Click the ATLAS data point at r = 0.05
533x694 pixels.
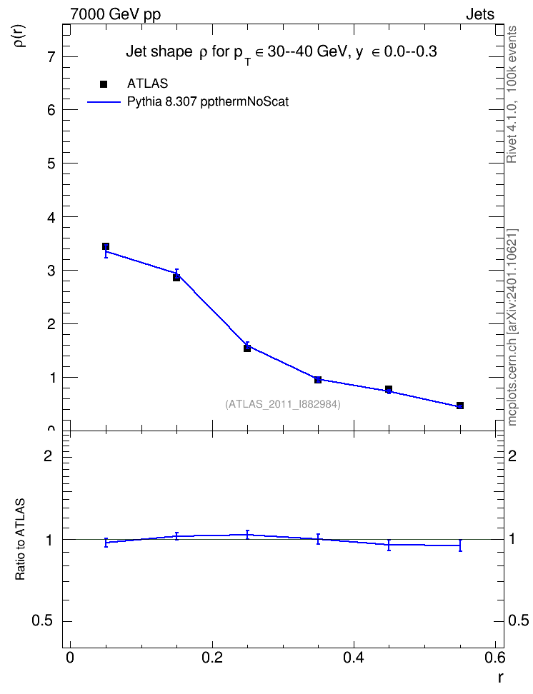point(106,246)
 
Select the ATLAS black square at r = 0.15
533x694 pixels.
point(176,278)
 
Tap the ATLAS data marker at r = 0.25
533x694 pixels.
point(247,348)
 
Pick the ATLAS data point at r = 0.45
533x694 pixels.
point(389,389)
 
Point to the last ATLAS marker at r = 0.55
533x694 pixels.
point(460,406)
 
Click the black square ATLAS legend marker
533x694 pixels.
point(104,84)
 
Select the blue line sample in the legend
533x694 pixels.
point(104,102)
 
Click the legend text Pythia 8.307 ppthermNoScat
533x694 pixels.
point(208,102)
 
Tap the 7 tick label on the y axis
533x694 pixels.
point(51,56)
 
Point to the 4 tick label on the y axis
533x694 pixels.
point(51,217)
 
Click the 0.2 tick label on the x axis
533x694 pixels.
point(212,658)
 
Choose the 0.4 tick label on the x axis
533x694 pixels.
point(354,658)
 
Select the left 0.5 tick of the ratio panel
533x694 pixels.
point(43,621)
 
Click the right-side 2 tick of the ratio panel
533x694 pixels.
point(512,456)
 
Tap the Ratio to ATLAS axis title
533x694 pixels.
point(20,540)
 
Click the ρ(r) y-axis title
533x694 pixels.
point(20,36)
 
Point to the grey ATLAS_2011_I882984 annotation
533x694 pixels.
point(283,404)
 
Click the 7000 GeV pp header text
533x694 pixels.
point(115,14)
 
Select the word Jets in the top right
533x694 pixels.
point(480,14)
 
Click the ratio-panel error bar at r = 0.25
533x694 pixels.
point(247,535)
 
